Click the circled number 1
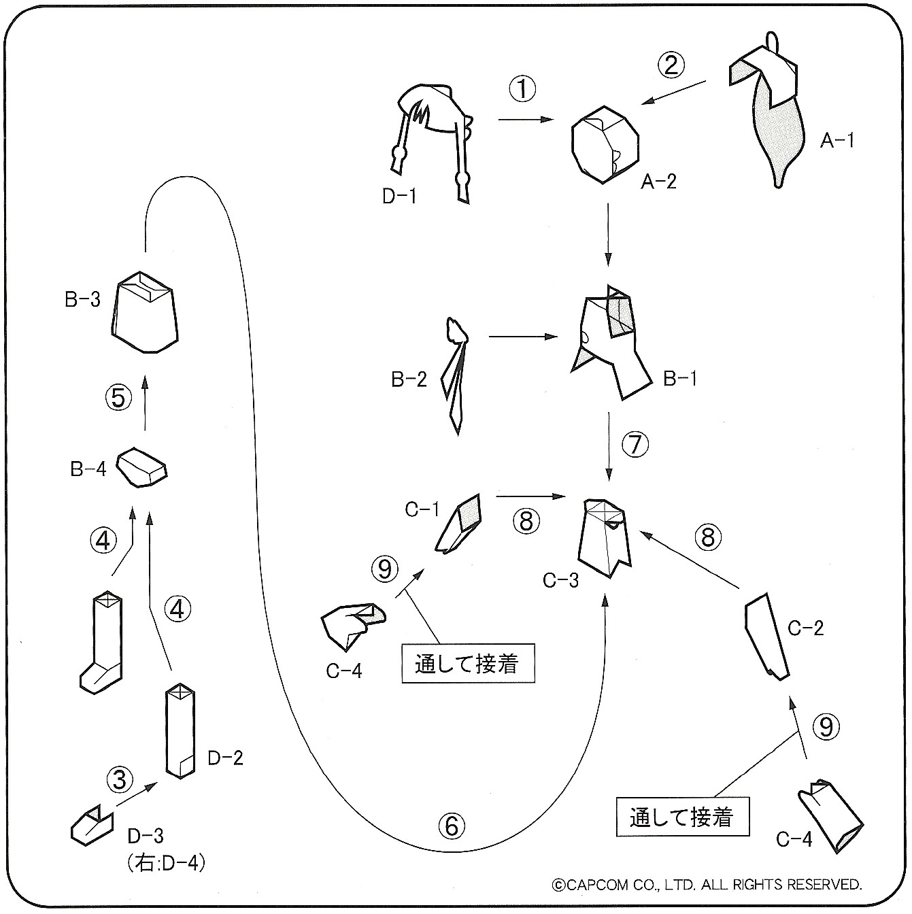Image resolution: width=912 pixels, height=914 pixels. click(523, 90)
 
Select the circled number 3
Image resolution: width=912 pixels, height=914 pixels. click(120, 779)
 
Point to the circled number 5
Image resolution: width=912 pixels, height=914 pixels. click(118, 397)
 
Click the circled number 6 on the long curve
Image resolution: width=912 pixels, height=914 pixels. click(452, 826)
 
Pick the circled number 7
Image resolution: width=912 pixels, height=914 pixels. click(635, 445)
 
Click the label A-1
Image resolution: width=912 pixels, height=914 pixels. click(837, 141)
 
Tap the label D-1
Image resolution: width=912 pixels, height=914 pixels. click(399, 197)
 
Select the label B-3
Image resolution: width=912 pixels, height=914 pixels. click(82, 299)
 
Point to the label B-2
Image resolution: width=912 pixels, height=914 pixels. click(409, 379)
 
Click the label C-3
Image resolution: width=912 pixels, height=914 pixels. click(561, 580)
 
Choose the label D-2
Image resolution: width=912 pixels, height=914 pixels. click(225, 758)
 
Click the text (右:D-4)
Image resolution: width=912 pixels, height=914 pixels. click(166, 863)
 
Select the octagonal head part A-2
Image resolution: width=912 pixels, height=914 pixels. click(605, 145)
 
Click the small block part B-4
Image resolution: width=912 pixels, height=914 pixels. click(141, 467)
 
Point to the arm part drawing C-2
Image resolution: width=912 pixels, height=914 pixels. click(766, 635)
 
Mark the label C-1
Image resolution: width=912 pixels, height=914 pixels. click(422, 509)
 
